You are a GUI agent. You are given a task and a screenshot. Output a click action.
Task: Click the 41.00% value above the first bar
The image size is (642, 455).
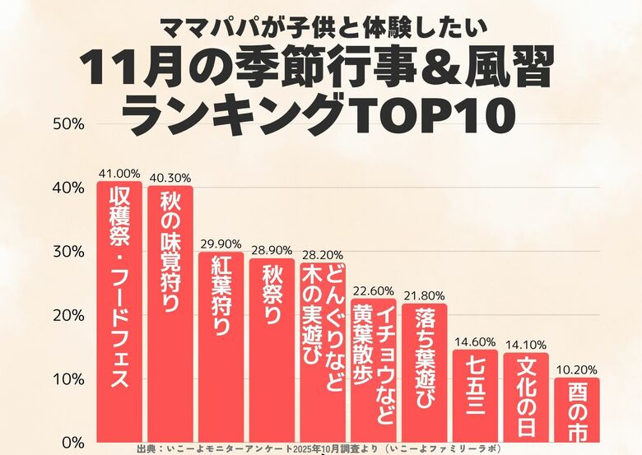coord(119,174)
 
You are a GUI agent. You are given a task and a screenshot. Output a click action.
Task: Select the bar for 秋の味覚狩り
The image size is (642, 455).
coord(170,313)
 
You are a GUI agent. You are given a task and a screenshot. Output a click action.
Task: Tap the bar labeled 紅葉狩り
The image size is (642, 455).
coord(221,346)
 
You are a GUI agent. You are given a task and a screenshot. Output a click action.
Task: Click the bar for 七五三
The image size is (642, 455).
coord(475,395)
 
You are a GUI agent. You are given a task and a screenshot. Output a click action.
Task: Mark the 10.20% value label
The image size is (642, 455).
coord(576,370)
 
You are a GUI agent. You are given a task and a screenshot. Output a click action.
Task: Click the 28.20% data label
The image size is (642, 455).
coord(323,256)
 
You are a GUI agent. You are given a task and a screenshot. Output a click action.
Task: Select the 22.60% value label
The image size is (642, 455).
coord(374,290)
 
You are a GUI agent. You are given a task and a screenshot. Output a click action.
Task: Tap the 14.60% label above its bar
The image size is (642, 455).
coord(475,341)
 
